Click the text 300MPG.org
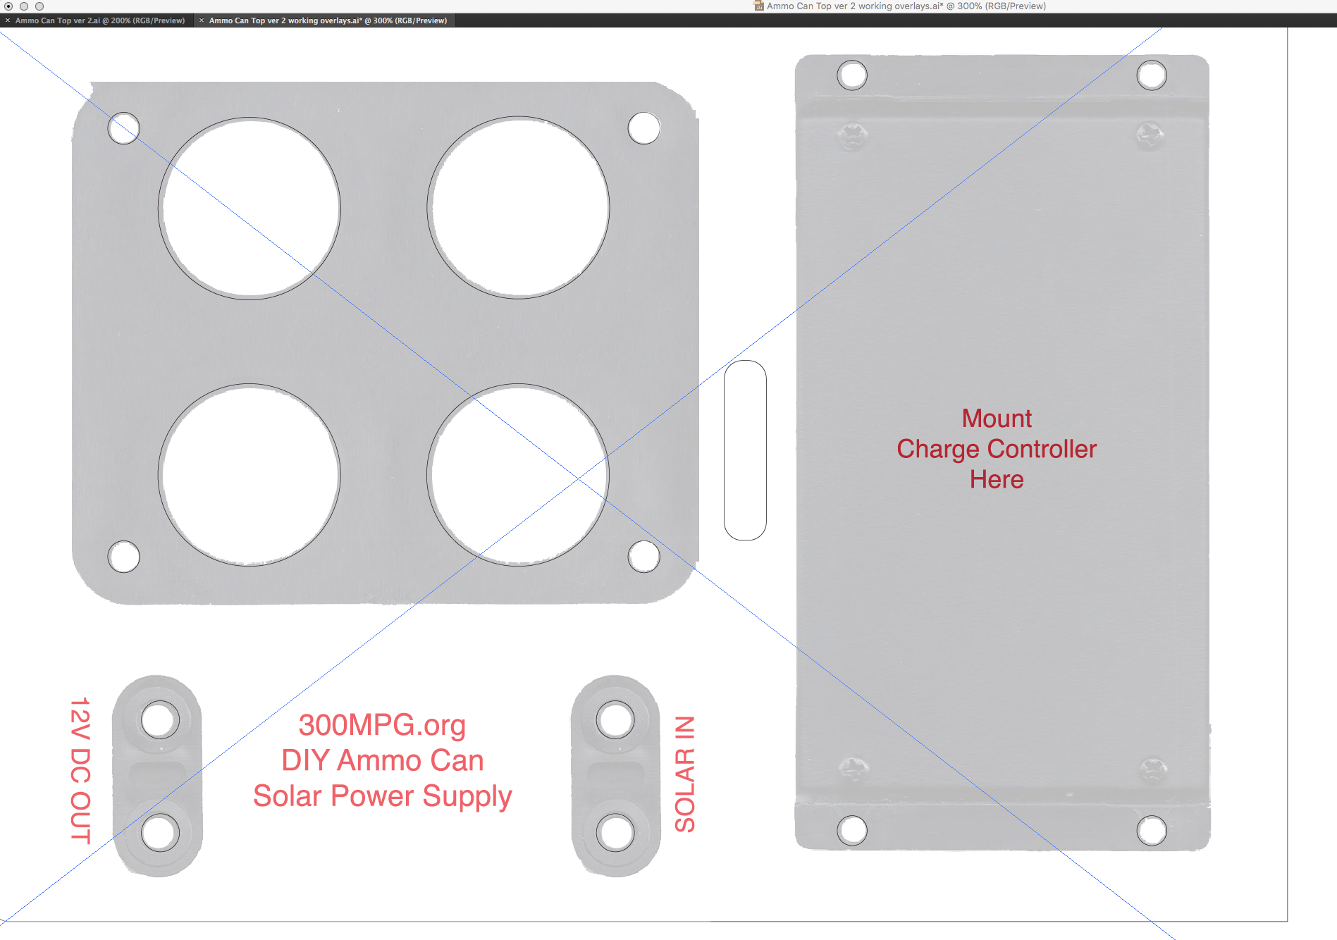coord(382,725)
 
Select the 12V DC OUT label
coord(80,770)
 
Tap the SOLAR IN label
coord(685,774)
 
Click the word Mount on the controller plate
coord(997,419)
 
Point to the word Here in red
coord(997,479)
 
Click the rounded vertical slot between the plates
coord(745,450)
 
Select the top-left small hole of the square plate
coord(123,128)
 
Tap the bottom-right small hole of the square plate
coord(643,556)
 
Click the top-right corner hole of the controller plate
coord(1152,75)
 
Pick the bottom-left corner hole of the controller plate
coord(852,830)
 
